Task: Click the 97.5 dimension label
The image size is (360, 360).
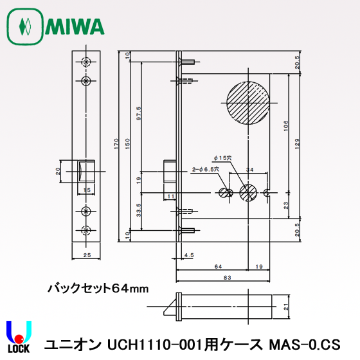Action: (139, 113)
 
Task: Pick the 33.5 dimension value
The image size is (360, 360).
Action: (139, 210)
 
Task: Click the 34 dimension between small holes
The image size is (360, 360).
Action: (249, 170)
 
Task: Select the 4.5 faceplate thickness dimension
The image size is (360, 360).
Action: (188, 256)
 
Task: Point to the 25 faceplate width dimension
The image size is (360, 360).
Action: (87, 256)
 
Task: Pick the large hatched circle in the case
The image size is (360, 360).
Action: (247, 104)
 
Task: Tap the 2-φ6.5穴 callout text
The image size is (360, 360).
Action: (206, 168)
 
